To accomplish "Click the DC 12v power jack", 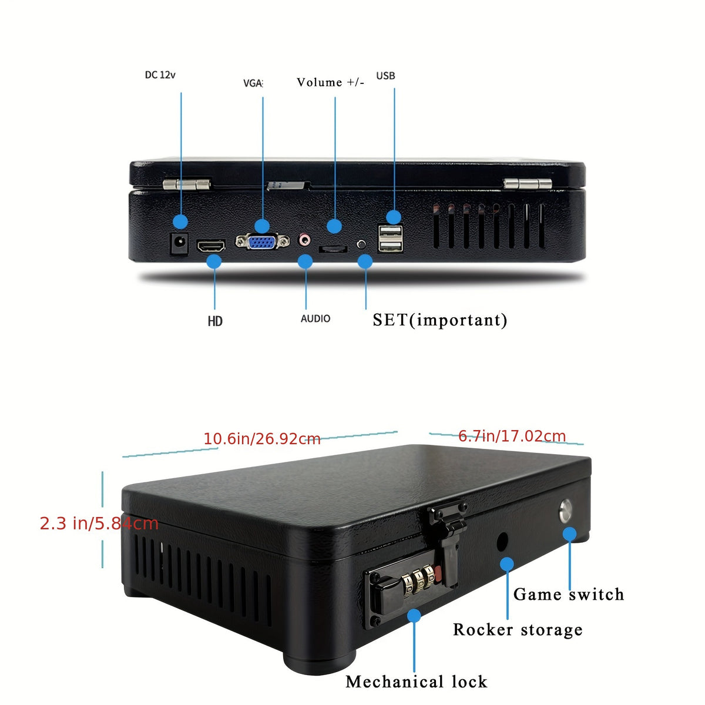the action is pyautogui.click(x=179, y=243).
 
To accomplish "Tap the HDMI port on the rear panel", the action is pyautogui.click(x=211, y=246).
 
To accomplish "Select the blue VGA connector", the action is pyautogui.click(x=262, y=241).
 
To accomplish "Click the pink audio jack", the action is pyautogui.click(x=305, y=240).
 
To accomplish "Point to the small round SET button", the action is pyautogui.click(x=361, y=244).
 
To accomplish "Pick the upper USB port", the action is pyautogui.click(x=390, y=231).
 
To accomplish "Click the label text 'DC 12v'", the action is pyautogui.click(x=160, y=75).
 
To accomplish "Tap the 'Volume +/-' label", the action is pyautogui.click(x=330, y=82).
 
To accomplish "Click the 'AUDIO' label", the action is pyautogui.click(x=315, y=318).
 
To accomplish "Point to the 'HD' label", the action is pyautogui.click(x=215, y=321).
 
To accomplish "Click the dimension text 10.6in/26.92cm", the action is pyautogui.click(x=262, y=439).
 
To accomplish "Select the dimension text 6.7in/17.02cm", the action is pyautogui.click(x=512, y=436).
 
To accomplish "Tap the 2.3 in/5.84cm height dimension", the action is pyautogui.click(x=99, y=523).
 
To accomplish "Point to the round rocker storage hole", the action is pyautogui.click(x=502, y=542).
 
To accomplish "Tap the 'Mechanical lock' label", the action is pyautogui.click(x=417, y=682).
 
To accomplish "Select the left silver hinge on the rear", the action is pyautogui.click(x=186, y=184).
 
